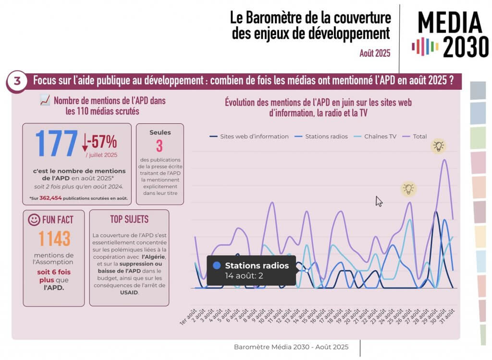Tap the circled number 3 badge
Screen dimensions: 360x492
click(x=17, y=81)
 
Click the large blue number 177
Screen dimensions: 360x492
click(x=56, y=144)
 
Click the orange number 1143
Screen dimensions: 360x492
click(x=54, y=239)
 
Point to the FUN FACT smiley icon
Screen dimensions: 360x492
click(x=34, y=220)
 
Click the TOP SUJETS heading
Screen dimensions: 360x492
click(x=129, y=219)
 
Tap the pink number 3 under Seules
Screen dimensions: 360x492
click(x=159, y=146)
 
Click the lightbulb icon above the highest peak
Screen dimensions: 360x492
click(x=438, y=146)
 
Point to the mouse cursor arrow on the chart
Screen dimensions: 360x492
click(x=379, y=201)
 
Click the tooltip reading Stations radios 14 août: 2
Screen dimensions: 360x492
click(x=251, y=270)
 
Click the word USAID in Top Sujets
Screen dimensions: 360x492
click(x=129, y=292)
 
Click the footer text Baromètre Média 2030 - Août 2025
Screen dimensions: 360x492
click(x=291, y=347)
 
